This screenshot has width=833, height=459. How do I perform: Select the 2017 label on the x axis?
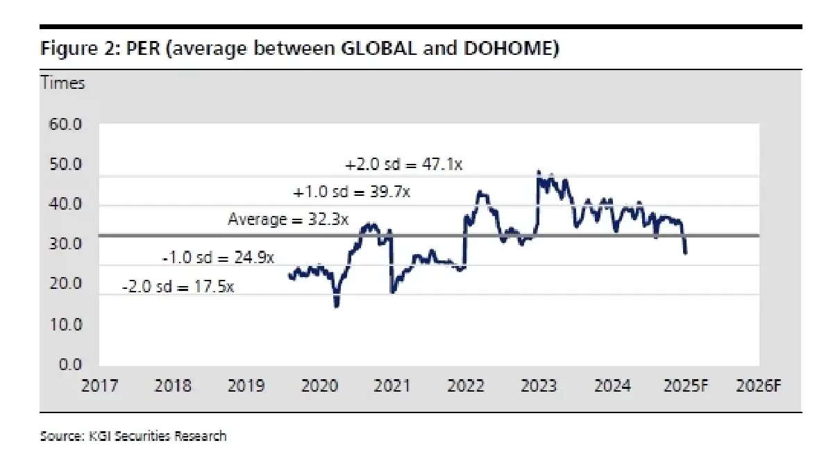pos(99,385)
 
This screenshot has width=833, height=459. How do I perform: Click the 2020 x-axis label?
pos(319,385)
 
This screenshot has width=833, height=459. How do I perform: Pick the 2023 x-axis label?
pos(539,385)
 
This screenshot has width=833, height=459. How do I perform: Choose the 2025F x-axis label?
pos(685,385)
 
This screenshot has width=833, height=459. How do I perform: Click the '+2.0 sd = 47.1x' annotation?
pos(403,166)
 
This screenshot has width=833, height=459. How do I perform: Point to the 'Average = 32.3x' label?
pos(288,219)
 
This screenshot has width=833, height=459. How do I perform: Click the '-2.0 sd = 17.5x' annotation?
pos(177,285)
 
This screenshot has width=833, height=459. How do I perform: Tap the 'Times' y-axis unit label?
pos(62,83)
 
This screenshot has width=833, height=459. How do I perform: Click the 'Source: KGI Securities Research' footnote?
pos(133,436)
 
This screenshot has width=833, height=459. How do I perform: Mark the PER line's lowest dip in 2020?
pos(337,305)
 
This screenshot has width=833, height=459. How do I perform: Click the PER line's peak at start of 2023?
pos(539,172)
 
